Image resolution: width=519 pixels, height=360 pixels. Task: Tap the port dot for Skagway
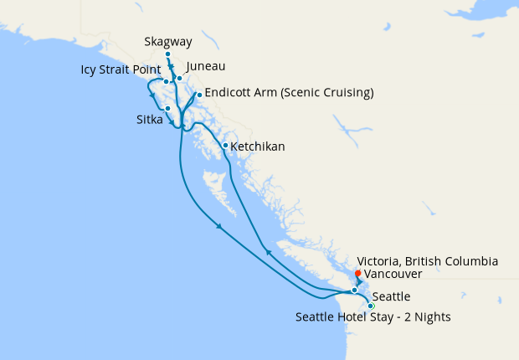coord(168,54)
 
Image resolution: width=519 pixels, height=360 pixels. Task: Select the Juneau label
coord(206,66)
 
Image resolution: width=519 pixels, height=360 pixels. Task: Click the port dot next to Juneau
coord(179,78)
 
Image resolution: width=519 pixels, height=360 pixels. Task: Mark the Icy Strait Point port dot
coord(166,82)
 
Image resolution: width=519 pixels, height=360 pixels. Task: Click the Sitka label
coord(150,120)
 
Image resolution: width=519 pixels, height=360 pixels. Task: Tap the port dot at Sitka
coord(168,108)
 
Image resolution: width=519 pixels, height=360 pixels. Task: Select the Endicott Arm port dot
coord(199,95)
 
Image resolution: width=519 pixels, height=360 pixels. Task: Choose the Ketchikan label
coord(257,147)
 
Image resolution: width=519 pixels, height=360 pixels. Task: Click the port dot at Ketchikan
coord(225,146)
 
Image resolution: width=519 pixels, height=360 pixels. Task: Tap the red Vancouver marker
coord(357,273)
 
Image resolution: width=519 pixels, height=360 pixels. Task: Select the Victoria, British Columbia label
coord(427,261)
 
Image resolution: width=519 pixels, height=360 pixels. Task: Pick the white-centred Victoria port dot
coord(354,291)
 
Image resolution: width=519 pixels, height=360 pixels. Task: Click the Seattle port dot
coord(371,306)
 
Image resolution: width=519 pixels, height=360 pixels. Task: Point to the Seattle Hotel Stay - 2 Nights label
coord(373,317)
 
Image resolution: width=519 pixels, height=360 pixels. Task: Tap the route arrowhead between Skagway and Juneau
coord(171,68)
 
